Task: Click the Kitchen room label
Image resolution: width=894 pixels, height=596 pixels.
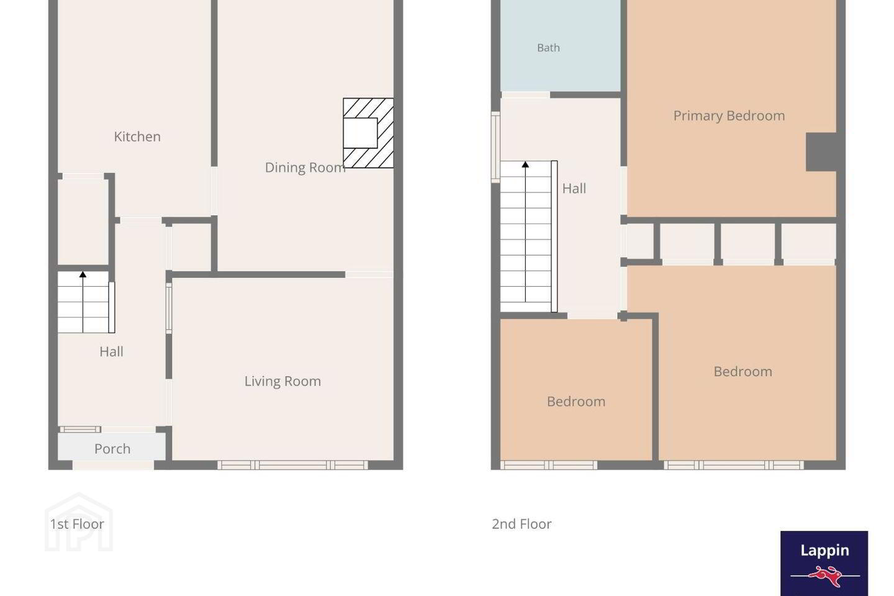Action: coord(137,137)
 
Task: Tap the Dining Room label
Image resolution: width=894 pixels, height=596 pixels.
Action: coord(305,167)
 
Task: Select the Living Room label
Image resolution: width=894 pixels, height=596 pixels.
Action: coord(282,381)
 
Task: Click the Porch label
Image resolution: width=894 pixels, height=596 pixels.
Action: coord(112,449)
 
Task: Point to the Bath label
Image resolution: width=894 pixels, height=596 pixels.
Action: coord(548,48)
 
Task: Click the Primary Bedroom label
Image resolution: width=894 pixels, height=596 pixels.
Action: coord(729,115)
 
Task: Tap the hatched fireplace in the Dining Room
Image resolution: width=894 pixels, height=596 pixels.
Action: coord(368,133)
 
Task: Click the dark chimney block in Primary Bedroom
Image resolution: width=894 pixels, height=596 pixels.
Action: coord(821,152)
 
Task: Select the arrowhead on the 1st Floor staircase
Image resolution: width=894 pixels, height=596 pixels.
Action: coord(83,274)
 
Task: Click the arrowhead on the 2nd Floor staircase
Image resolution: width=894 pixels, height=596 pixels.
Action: coord(525,164)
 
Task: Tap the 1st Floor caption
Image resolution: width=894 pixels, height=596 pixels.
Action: coord(76,524)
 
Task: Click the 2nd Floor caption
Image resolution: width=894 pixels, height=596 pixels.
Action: coord(521,524)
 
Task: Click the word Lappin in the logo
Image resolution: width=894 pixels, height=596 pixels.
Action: coord(824,551)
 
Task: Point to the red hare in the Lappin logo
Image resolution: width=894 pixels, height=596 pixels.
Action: coord(825,576)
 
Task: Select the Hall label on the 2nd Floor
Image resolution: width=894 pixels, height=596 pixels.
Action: coord(574,188)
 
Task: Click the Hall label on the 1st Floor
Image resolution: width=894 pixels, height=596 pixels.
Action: coord(111,351)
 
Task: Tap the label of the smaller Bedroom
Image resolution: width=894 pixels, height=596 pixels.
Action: coord(576,401)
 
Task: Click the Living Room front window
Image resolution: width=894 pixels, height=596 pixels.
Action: coord(292,465)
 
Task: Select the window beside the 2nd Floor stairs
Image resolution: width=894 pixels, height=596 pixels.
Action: coord(495,147)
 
